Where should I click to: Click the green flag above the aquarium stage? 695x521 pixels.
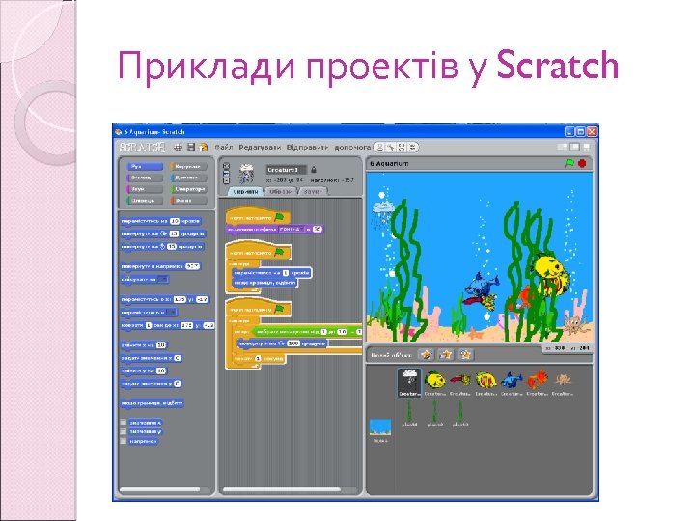click(x=570, y=163)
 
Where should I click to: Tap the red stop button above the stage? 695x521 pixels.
click(x=583, y=163)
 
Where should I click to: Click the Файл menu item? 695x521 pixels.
click(x=225, y=147)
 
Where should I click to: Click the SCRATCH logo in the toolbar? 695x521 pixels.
click(x=141, y=147)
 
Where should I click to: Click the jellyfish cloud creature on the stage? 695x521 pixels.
click(x=383, y=209)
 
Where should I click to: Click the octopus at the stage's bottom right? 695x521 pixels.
click(x=576, y=322)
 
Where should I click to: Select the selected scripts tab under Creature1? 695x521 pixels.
click(x=245, y=191)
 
